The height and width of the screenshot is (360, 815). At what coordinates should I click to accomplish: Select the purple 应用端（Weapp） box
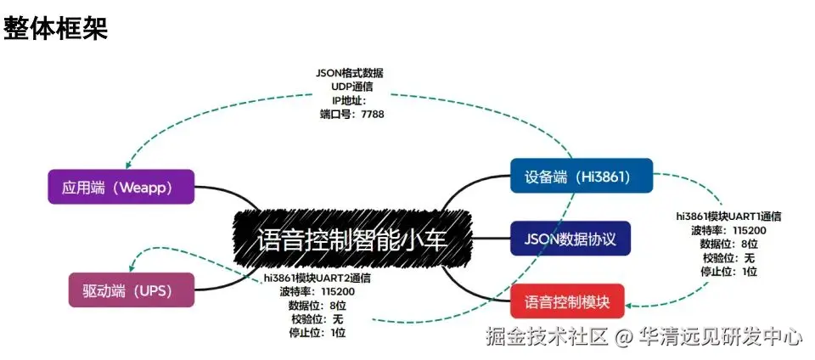(x=121, y=187)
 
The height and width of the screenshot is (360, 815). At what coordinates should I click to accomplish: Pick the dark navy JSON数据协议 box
(x=570, y=239)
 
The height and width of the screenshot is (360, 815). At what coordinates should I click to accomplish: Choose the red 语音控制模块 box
(x=567, y=301)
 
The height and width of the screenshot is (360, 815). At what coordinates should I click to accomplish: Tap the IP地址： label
(x=348, y=100)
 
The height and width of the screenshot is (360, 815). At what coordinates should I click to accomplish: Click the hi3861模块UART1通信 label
(x=728, y=217)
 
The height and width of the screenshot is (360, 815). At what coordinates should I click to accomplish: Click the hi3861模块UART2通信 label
(x=317, y=278)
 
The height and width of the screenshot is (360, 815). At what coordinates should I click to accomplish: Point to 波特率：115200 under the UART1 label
(x=729, y=230)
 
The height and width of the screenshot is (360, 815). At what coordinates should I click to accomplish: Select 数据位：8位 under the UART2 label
(x=317, y=305)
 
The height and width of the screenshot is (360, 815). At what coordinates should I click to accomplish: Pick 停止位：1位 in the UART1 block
(x=729, y=272)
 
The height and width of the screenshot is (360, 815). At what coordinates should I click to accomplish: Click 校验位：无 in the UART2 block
(x=316, y=318)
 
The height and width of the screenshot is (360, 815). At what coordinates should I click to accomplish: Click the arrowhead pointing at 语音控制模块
(x=631, y=304)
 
